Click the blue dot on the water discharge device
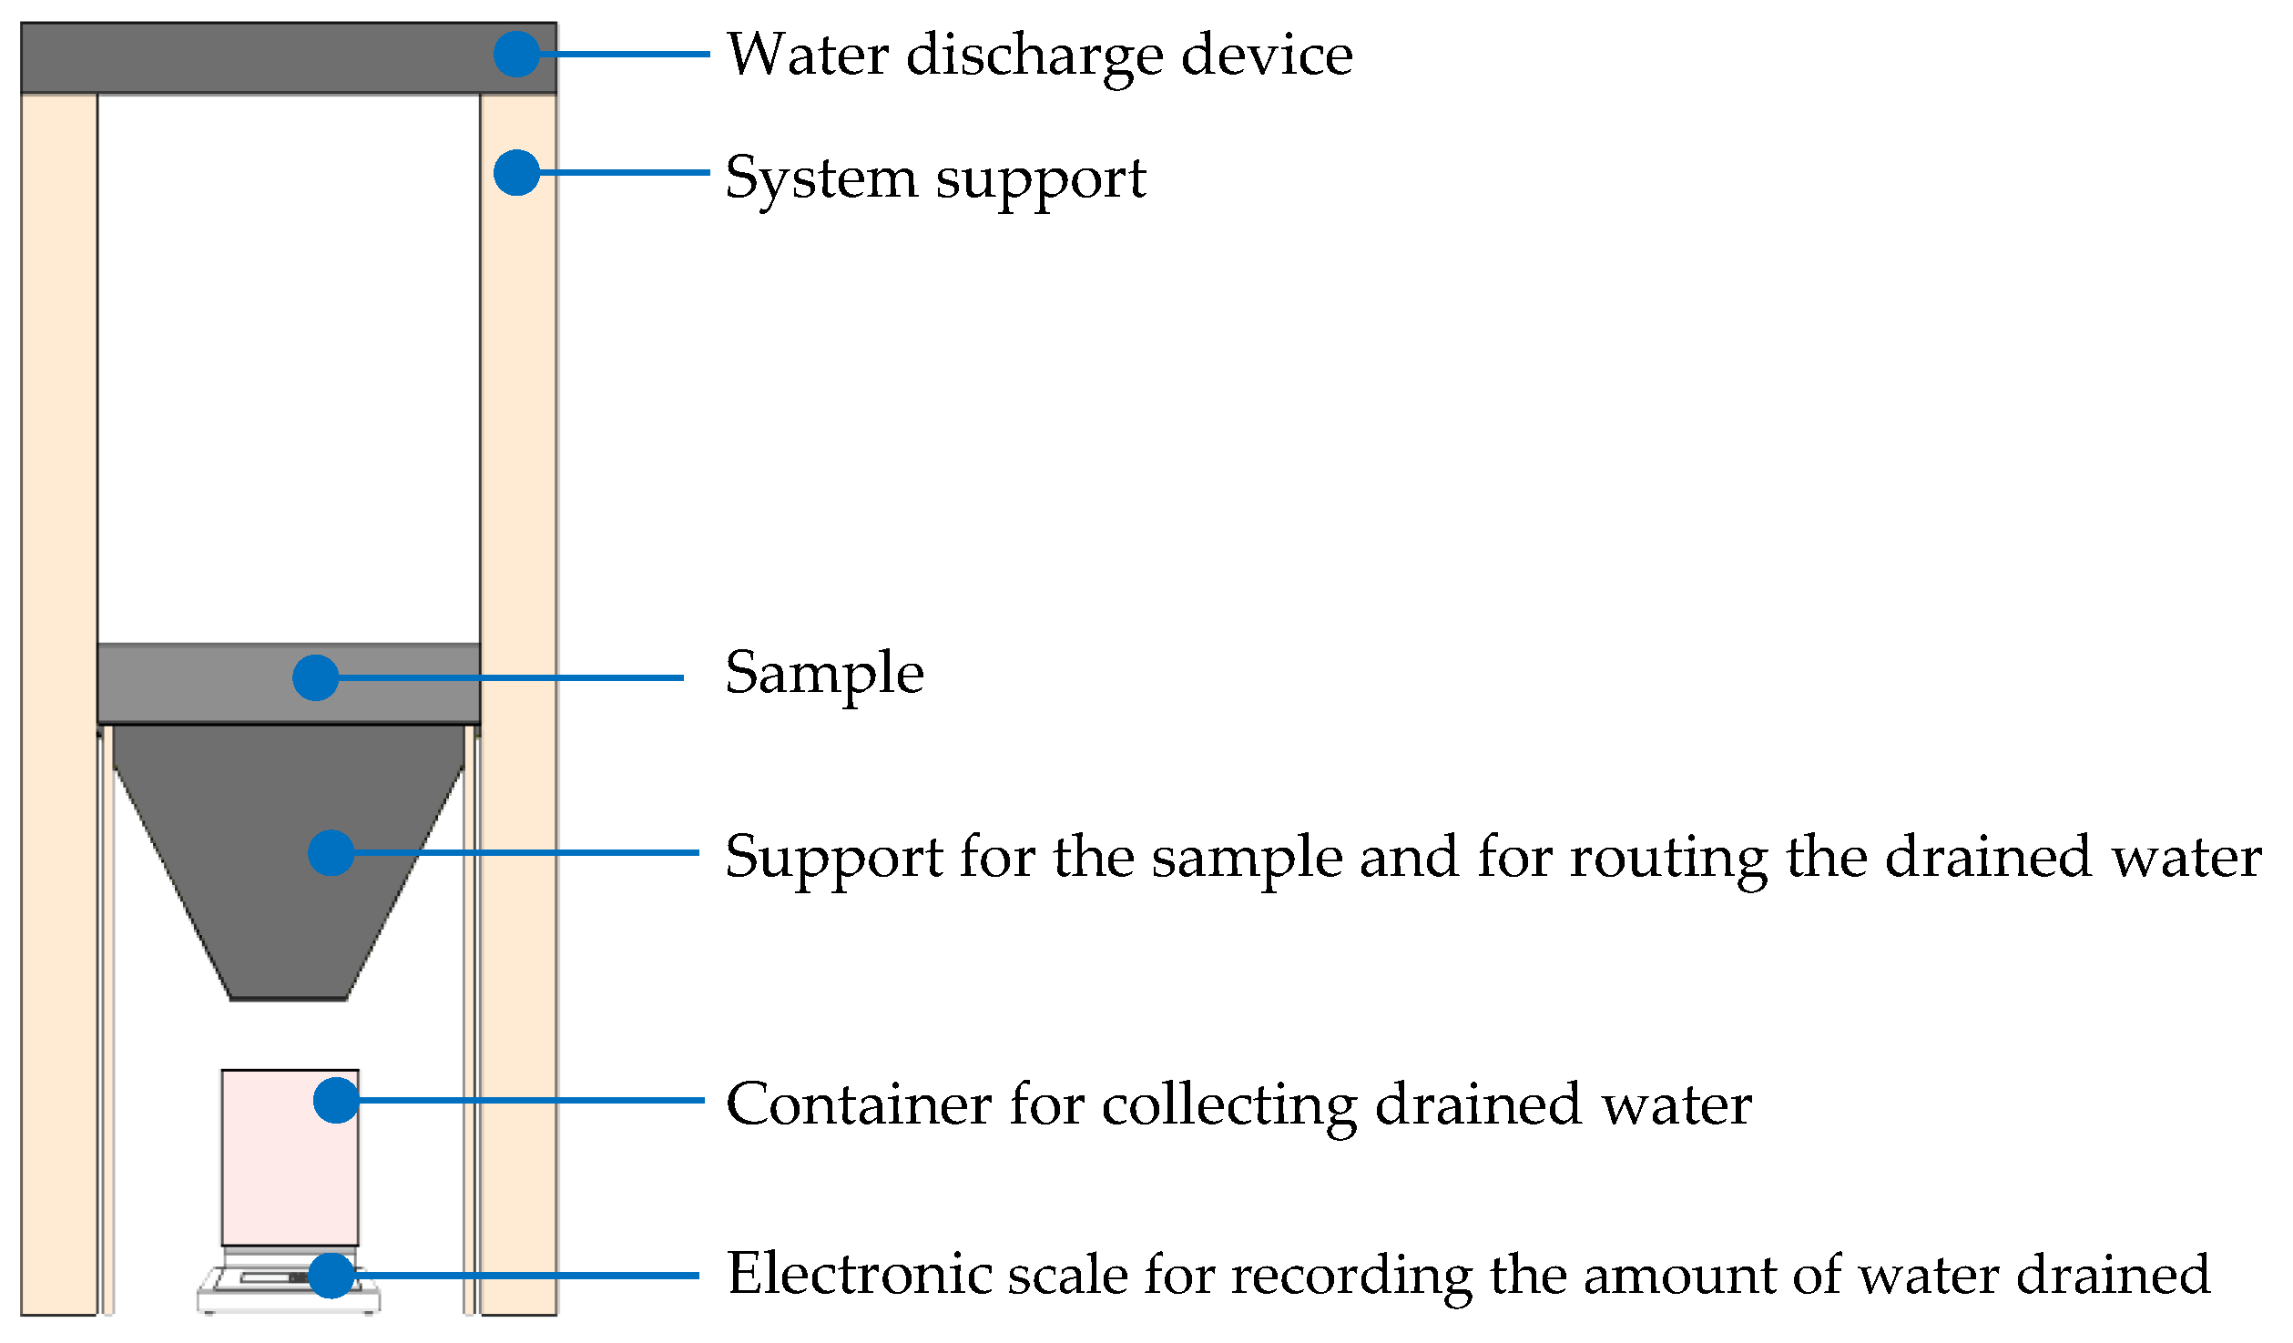[x=516, y=55]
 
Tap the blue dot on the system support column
[x=516, y=173]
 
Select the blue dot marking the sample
[x=315, y=678]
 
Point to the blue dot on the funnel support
[x=331, y=853]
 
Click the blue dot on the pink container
[x=336, y=1101]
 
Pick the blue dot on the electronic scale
[x=331, y=1276]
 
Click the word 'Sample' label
[x=824, y=675]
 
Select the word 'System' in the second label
[x=820, y=178]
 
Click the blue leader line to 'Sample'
[x=510, y=678]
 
